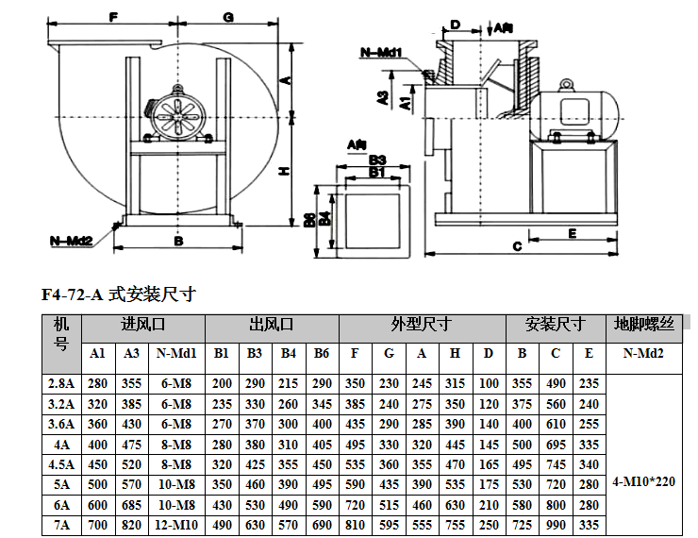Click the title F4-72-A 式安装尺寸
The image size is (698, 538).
coord(118,294)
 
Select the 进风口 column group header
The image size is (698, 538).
coord(143,325)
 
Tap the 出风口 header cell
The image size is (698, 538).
coord(272,325)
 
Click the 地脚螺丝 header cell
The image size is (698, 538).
coord(644,325)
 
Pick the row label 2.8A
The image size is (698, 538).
coord(61,383)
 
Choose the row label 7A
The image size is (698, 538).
coord(61,523)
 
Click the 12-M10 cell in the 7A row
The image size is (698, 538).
coord(175,523)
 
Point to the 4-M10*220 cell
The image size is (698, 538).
coord(644,480)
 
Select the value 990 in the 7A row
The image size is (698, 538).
coord(556,523)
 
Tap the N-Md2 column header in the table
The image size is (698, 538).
coord(644,354)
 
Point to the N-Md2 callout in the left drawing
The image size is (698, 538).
coord(71,241)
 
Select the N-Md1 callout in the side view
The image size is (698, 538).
coord(382,53)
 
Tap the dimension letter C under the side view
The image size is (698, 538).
coord(517,247)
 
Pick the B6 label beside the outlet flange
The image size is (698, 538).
coord(311,220)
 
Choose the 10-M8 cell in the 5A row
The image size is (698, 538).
coord(175,481)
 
